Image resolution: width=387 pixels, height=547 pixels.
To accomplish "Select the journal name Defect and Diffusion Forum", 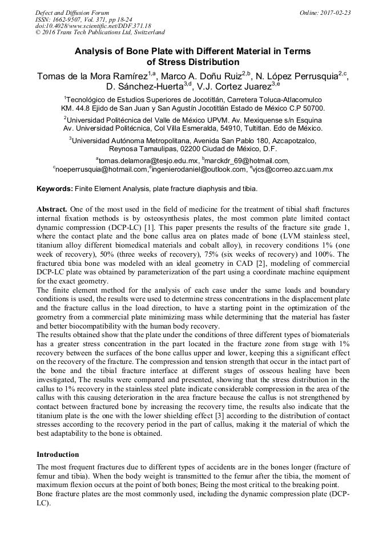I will click(x=72, y=13).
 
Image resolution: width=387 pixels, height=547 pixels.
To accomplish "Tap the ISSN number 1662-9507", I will click(x=70, y=19).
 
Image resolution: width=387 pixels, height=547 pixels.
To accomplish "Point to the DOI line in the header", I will click(x=93, y=26).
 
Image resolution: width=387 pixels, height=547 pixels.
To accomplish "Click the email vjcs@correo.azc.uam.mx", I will click(x=292, y=169).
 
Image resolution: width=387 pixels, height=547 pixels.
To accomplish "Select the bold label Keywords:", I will click(x=55, y=189).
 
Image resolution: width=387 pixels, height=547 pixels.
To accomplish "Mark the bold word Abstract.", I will click(x=53, y=209).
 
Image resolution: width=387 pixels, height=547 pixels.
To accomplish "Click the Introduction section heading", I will click(x=58, y=455).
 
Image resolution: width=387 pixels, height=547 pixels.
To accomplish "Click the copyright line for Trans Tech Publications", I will click(x=100, y=33).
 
